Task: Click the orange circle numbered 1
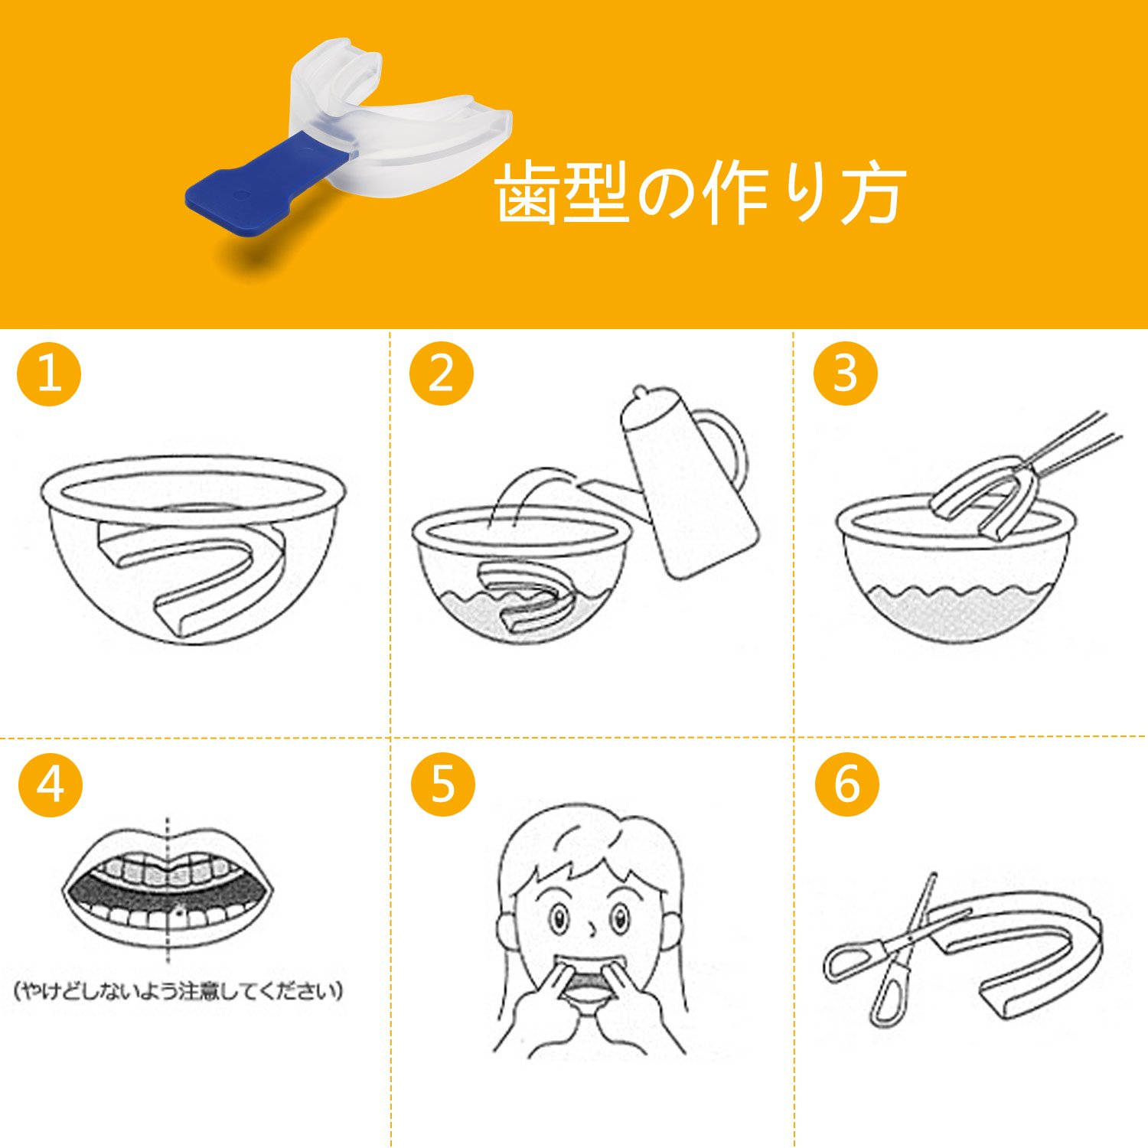49,373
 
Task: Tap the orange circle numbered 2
442,373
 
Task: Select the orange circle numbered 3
845,373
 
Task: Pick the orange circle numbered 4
51,784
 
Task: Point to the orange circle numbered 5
443,784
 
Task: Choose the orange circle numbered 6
847,784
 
